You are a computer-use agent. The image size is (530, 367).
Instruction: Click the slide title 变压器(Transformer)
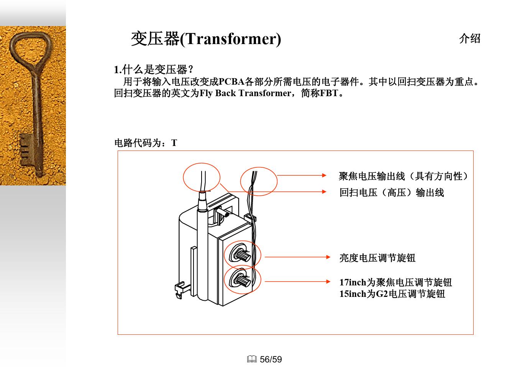click(x=206, y=39)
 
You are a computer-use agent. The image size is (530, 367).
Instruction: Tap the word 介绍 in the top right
click(x=469, y=39)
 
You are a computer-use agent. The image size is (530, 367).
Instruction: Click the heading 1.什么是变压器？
click(x=154, y=70)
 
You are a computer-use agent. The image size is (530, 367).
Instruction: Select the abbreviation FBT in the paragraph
click(x=329, y=93)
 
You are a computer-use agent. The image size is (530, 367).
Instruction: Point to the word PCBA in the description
click(x=231, y=82)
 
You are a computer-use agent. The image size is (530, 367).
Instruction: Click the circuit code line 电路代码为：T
click(x=146, y=143)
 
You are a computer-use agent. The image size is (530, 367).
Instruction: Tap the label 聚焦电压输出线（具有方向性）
click(x=403, y=176)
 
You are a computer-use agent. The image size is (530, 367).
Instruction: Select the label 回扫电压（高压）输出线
click(x=391, y=192)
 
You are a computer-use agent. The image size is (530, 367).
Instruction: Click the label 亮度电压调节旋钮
click(x=377, y=258)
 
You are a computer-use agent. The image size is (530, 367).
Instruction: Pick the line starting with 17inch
click(x=395, y=283)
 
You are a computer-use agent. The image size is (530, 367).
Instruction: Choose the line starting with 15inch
click(x=392, y=294)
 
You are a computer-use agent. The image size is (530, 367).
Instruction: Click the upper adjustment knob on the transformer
click(x=241, y=255)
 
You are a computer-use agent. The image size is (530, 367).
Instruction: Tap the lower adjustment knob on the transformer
click(x=241, y=280)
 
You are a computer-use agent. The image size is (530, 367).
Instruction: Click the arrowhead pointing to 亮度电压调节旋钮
click(x=328, y=257)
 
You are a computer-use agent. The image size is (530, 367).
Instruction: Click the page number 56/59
click(x=271, y=359)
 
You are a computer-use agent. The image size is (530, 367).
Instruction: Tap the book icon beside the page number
click(x=252, y=359)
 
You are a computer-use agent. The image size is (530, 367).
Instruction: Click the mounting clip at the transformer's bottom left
click(x=179, y=290)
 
